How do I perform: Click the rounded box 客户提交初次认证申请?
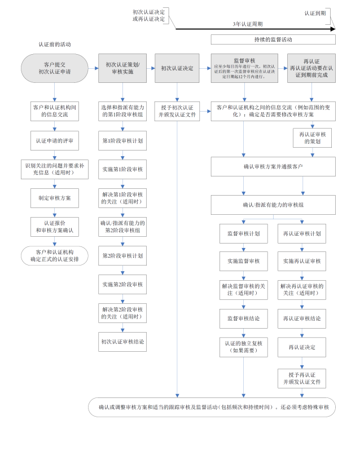(54, 68)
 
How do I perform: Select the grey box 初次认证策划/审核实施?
(122, 68)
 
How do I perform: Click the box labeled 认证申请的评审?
(54, 140)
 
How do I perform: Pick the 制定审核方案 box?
(54, 198)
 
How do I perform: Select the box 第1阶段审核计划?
(122, 140)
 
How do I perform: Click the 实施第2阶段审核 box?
(122, 284)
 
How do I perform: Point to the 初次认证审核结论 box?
(122, 341)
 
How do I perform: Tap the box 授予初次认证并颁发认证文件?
(178, 111)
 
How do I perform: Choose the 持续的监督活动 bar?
(273, 40)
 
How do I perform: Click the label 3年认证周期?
(248, 24)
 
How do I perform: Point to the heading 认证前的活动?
(54, 44)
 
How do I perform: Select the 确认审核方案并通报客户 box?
(273, 167)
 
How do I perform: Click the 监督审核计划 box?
(243, 233)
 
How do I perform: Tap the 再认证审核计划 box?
(302, 233)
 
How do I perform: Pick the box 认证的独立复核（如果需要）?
(243, 347)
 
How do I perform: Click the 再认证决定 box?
(302, 347)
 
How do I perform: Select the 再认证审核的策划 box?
(310, 138)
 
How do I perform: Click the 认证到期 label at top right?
(315, 12)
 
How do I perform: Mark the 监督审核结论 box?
(243, 319)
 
